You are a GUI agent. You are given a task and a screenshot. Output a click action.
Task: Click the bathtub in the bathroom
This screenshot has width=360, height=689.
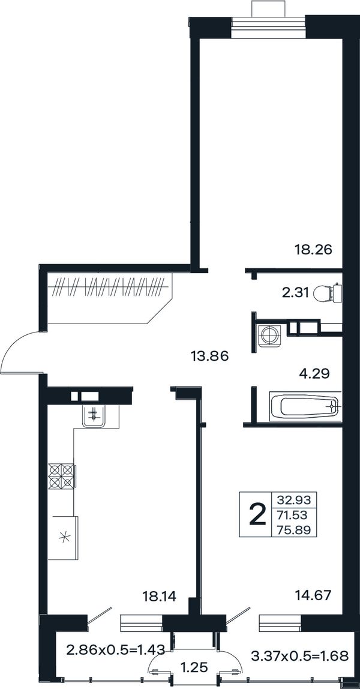[304, 407]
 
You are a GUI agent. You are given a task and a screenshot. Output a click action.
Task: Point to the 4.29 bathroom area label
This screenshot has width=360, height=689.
[314, 373]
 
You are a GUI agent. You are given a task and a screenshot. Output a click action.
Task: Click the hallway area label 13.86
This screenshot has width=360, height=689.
[210, 356]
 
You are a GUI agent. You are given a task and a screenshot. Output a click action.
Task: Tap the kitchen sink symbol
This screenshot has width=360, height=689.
[94, 415]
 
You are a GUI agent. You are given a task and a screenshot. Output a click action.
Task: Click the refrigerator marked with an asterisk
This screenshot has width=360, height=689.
[63, 538]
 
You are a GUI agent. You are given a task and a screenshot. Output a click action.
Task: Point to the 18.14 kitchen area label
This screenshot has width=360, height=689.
[160, 597]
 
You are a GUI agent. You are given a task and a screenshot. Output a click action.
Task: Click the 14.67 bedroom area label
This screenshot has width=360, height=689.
[313, 597]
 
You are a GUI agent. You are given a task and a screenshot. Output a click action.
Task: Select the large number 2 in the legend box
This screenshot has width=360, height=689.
[258, 514]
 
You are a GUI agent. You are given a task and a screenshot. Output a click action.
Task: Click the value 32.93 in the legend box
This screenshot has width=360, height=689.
[294, 499]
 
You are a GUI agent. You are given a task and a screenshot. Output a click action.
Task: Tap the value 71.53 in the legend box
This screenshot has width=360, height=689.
[294, 514]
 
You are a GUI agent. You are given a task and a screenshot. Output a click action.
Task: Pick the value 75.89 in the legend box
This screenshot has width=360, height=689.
[294, 530]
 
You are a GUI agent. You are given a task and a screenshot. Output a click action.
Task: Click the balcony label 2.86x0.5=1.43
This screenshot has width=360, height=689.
[115, 649]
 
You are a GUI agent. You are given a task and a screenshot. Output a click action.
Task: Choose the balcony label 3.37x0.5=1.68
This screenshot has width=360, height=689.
[300, 657]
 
